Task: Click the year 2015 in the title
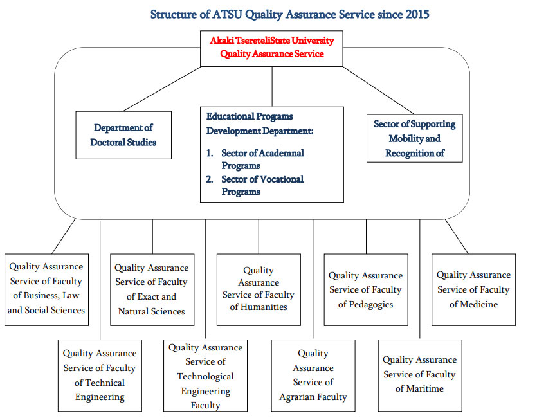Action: click(417, 15)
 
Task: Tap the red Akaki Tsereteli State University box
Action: click(271, 48)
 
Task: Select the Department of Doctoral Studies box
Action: click(123, 135)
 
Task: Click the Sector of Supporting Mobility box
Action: click(414, 138)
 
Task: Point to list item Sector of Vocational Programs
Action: click(255, 185)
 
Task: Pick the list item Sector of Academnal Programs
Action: click(255, 159)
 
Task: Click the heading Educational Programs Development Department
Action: click(260, 123)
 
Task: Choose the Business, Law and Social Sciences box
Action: click(46, 289)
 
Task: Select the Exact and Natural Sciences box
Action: click(152, 289)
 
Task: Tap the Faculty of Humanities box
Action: click(259, 289)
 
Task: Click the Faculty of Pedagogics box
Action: click(366, 289)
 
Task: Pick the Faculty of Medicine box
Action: click(473, 289)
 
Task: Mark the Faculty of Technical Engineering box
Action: click(100, 376)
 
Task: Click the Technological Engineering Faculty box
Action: click(205, 376)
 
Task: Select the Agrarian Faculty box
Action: click(313, 376)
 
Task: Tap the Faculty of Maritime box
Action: click(420, 376)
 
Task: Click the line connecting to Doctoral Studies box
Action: click(162, 89)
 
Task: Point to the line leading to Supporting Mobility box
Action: click(378, 90)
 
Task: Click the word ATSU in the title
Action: click(228, 15)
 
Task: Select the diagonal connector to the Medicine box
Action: click(457, 237)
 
